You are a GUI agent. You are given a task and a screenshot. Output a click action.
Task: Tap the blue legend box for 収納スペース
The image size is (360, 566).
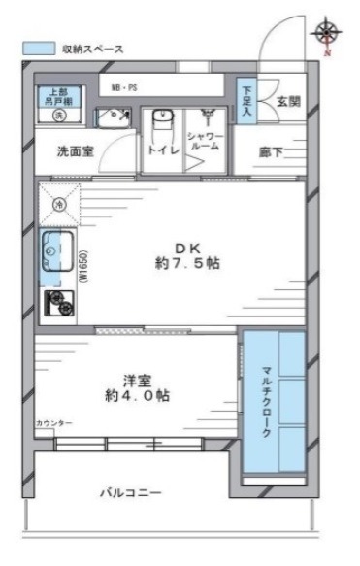pos(38,47)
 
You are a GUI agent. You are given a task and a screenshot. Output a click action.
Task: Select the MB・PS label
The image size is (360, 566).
pos(123,87)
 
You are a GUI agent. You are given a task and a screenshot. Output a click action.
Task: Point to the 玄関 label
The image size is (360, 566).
pos(288,101)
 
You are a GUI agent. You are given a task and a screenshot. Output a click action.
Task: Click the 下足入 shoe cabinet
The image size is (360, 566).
pos(246,101)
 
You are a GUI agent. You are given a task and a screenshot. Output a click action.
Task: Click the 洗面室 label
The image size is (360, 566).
pos(74,152)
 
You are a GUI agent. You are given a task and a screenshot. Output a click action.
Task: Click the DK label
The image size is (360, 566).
pos(185,246)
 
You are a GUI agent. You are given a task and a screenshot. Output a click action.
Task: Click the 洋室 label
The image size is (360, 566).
pos(136,380)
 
